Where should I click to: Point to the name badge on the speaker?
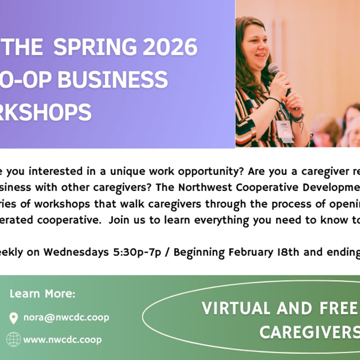[x=285, y=131]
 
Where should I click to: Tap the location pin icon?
[x=14, y=318]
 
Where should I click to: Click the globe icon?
[x=14, y=339]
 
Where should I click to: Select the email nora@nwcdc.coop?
[x=66, y=318]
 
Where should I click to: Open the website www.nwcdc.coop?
[x=63, y=339]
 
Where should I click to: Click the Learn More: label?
[x=43, y=294]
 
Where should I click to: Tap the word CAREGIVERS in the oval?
[x=310, y=333]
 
